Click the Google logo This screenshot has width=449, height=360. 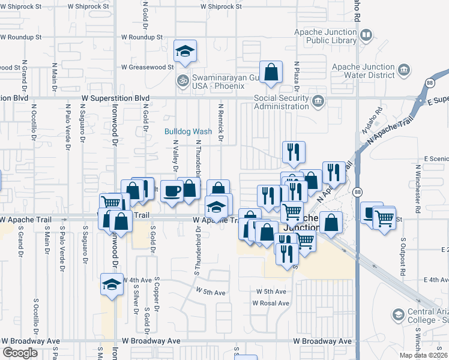coord(20,353)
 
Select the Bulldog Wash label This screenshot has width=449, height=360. coord(189,131)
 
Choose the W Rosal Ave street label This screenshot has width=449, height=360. coord(271,304)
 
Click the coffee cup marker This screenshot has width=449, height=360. coord(172,191)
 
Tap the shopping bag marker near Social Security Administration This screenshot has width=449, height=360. coord(271,72)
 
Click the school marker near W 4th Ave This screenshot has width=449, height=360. coord(112,285)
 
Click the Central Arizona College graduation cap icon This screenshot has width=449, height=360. coord(398,314)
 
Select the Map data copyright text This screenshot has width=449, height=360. coord(423,355)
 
